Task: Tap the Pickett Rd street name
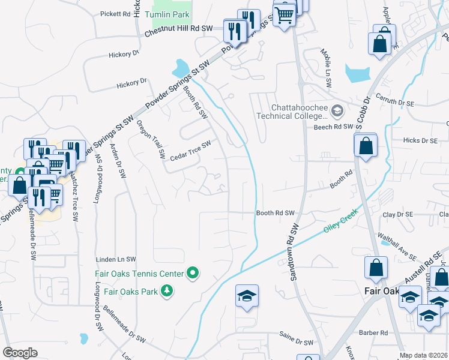(x=116, y=13)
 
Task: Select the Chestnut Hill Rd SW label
(x=179, y=28)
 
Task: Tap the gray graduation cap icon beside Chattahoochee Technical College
(x=337, y=110)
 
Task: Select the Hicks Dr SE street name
(x=421, y=140)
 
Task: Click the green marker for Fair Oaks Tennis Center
(x=193, y=274)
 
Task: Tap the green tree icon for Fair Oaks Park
(x=166, y=292)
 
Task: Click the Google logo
(x=20, y=353)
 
